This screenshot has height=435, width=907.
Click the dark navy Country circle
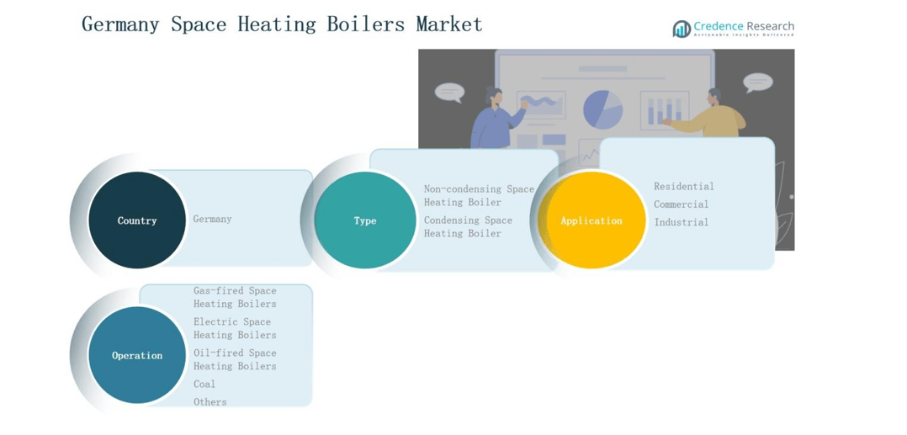point(137,220)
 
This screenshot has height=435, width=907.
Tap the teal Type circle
point(365,220)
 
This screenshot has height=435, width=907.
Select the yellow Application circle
point(591,220)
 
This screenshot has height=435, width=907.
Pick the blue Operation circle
point(137,355)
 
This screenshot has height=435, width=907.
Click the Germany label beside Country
point(212,219)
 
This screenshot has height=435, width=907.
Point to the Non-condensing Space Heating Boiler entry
point(479,196)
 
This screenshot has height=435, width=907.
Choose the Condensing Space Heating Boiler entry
point(468,227)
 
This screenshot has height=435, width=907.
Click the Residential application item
point(683,186)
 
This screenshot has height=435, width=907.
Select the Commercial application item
point(681,204)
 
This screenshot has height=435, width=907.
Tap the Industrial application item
point(681,222)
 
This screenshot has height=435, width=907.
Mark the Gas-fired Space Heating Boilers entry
point(235,297)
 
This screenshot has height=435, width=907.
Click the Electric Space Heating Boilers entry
point(235,328)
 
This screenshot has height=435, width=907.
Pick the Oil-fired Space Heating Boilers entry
point(235,359)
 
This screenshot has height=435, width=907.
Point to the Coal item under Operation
point(204,384)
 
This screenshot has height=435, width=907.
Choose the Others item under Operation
point(210,402)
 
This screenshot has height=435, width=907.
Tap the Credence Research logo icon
point(681,29)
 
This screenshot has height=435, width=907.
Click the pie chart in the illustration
point(602,108)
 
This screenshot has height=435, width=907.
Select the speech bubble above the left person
point(449,92)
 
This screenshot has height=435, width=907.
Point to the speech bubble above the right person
point(757,82)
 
